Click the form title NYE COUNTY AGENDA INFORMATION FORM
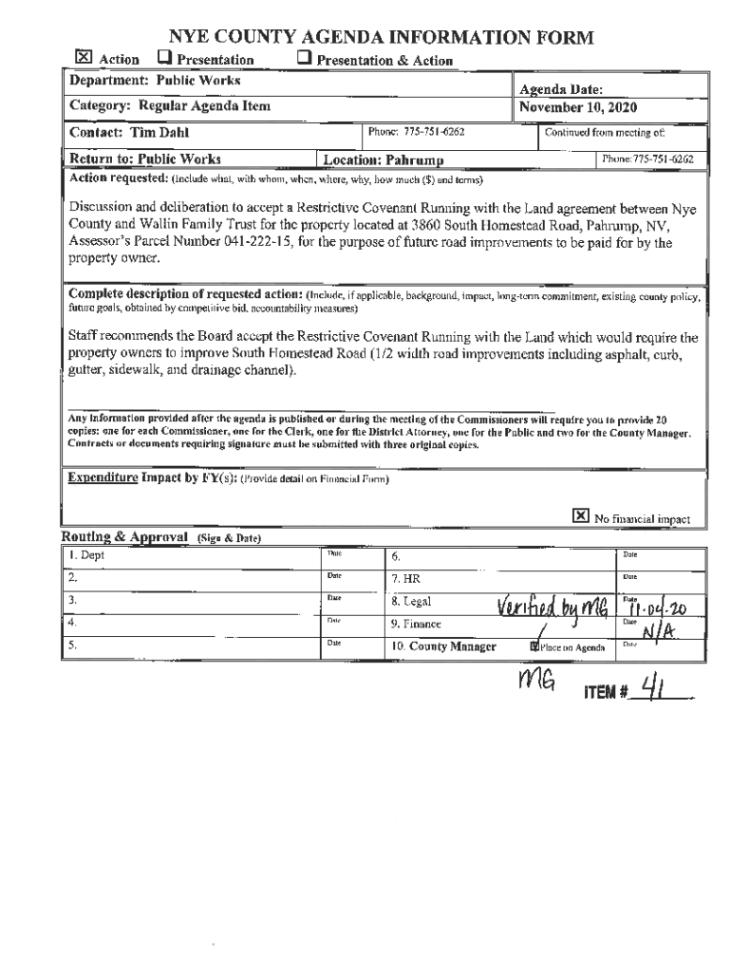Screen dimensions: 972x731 coord(381,38)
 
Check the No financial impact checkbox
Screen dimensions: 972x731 coord(580,515)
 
